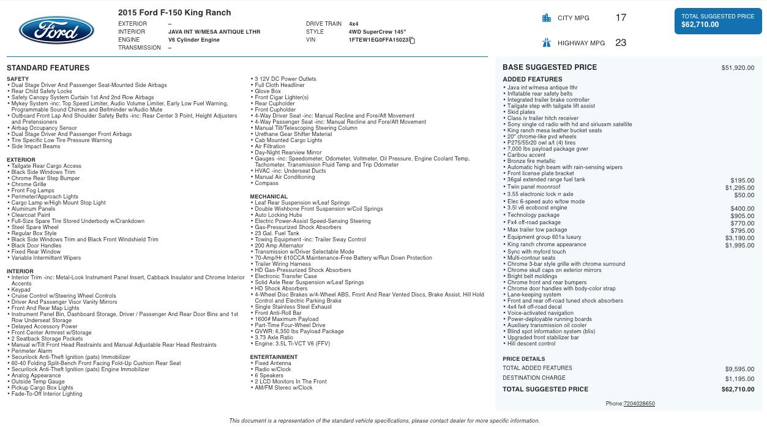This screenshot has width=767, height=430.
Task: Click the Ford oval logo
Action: (56, 31)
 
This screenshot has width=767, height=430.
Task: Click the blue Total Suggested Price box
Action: (717, 21)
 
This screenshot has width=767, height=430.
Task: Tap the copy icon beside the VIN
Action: (412, 40)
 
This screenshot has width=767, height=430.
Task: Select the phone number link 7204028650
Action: (639, 404)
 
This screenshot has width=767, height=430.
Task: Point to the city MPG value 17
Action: (621, 18)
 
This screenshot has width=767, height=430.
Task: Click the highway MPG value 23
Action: (621, 43)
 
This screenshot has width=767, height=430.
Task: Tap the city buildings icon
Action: (547, 18)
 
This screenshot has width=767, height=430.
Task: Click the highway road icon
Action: (547, 43)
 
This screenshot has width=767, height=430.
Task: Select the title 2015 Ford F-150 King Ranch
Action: (174, 12)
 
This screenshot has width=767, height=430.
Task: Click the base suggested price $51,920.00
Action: (738, 68)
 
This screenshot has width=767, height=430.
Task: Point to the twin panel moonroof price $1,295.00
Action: (739, 188)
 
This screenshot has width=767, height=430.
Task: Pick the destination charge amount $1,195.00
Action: (739, 379)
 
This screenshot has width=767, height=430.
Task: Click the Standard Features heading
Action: (48, 68)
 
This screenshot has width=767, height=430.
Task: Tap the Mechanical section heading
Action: (269, 197)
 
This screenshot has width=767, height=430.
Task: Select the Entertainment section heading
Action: (273, 357)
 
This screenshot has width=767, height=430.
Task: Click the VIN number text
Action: (378, 40)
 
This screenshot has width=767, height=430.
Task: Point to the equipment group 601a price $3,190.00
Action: (739, 238)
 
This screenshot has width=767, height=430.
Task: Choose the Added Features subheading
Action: (532, 80)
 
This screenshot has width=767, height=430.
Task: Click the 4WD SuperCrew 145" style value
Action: (377, 32)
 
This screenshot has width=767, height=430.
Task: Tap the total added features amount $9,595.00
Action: (739, 369)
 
